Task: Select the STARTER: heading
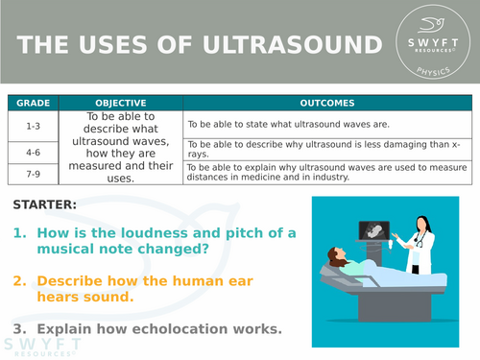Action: [x=47, y=204]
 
